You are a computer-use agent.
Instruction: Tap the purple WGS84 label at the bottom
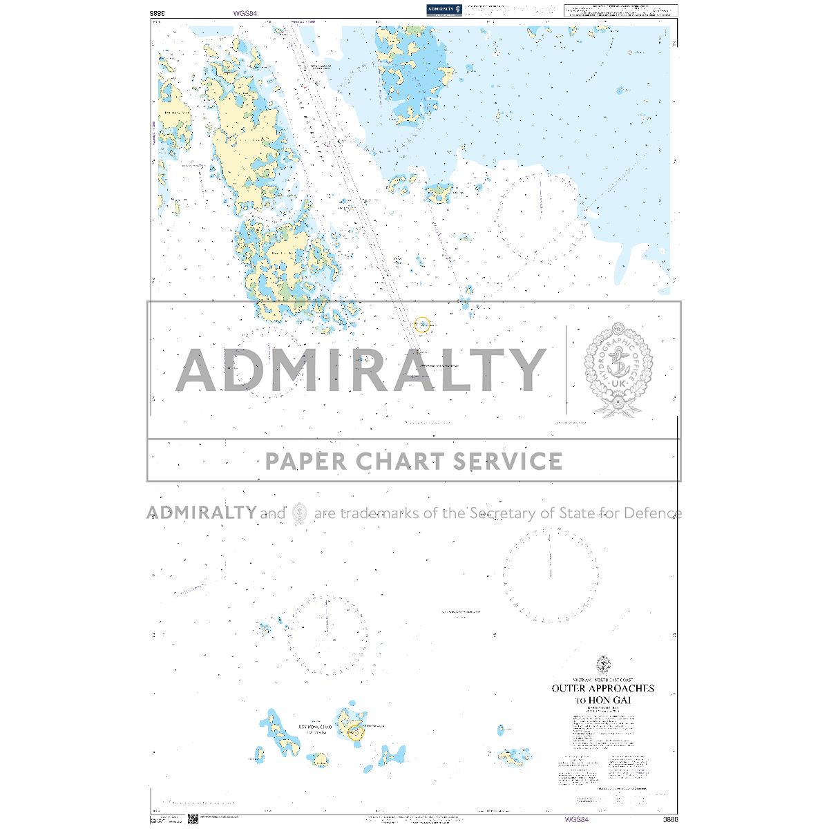577,819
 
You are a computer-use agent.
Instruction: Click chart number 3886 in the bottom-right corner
669,819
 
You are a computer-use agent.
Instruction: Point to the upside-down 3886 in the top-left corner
158,12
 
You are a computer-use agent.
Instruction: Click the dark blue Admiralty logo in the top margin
444,10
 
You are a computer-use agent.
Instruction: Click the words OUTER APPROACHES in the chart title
602,688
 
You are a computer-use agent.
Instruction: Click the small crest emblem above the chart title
603,665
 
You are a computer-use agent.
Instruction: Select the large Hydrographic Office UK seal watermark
619,370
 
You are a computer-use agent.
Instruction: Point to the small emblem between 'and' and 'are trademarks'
299,513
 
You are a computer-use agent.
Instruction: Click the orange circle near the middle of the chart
422,324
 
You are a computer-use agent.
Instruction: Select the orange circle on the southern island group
355,732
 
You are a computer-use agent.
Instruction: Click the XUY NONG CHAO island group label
316,727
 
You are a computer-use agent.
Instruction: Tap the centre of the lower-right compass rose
551,575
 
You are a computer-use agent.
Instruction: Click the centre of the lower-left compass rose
327,636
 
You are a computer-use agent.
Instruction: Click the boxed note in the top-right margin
620,10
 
